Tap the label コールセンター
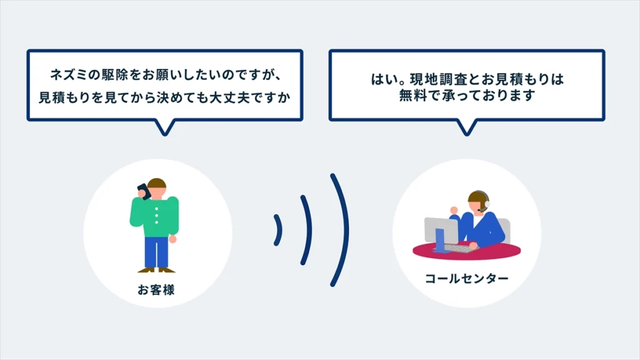point(466,278)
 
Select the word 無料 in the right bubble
point(412,96)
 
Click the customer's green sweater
point(156,216)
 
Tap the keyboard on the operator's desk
point(456,248)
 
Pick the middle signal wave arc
point(307,229)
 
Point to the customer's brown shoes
point(157,270)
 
